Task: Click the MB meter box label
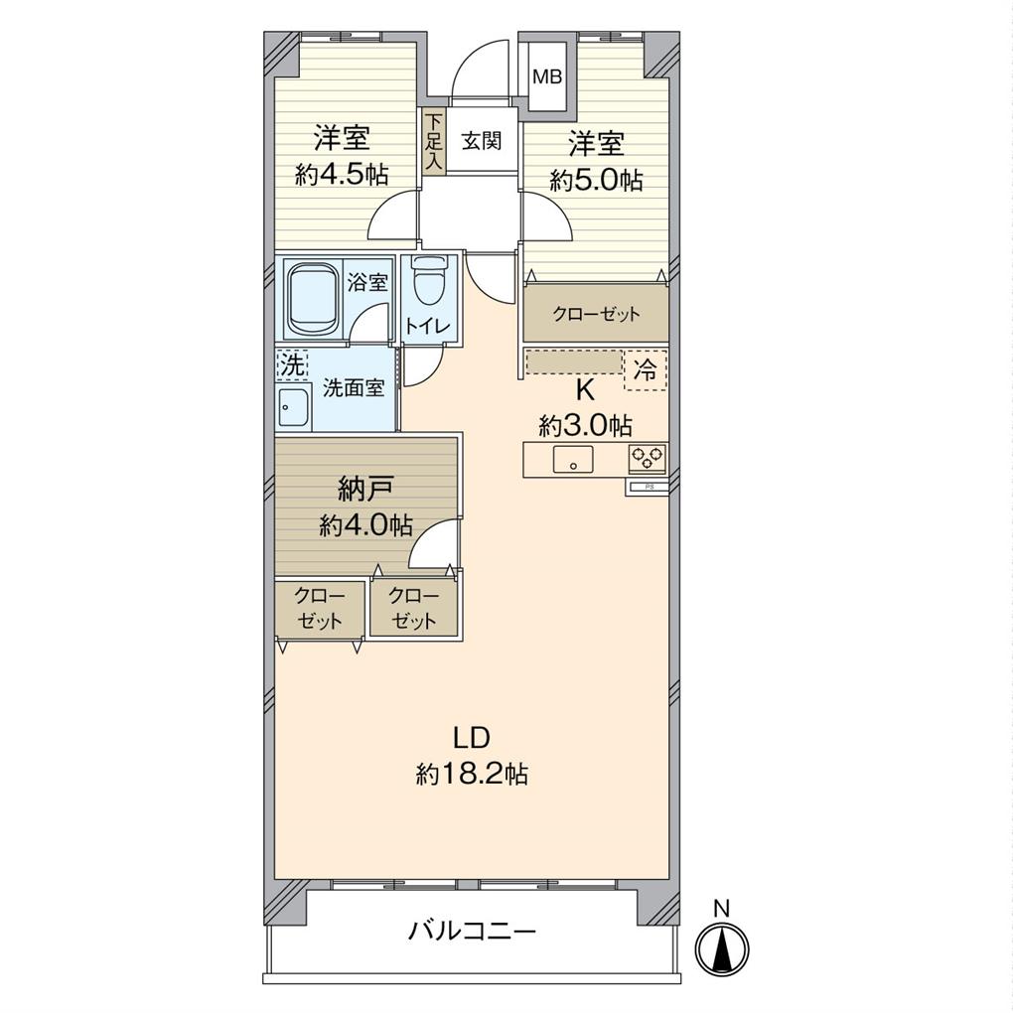point(546,76)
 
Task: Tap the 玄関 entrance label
point(482,140)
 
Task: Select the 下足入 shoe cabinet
point(434,141)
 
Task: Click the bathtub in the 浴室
point(314,299)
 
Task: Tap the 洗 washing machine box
point(291,365)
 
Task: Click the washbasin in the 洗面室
point(294,407)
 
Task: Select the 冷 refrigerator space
point(646,370)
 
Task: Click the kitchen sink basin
point(572,460)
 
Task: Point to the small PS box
point(647,489)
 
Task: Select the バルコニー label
point(473,931)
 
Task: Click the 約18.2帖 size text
point(473,773)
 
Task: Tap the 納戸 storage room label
point(365,491)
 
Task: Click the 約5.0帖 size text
point(596,180)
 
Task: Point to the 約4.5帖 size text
point(342,175)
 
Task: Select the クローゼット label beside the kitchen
point(596,315)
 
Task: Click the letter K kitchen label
point(585,390)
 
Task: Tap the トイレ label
point(428,327)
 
